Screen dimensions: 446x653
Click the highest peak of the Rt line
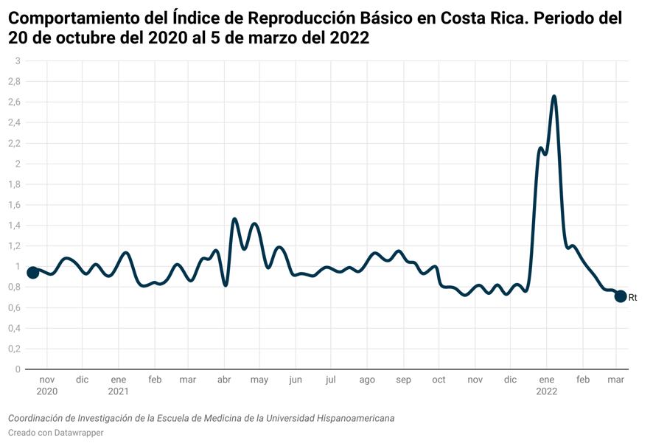click(x=554, y=97)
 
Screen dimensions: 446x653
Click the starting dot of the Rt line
click(x=32, y=273)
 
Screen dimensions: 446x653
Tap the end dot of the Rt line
click(x=621, y=296)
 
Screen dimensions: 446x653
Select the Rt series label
click(x=632, y=297)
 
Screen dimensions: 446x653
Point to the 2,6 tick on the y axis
click(x=14, y=102)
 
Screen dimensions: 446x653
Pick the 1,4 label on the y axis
click(x=14, y=226)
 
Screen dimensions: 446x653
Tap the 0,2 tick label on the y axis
click(x=14, y=349)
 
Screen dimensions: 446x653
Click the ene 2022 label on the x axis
click(x=546, y=386)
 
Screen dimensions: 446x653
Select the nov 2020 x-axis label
click(x=46, y=386)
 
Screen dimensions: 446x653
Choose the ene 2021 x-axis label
click(x=118, y=386)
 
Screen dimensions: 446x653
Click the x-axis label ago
click(x=367, y=380)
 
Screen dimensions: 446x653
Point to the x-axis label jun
click(x=296, y=380)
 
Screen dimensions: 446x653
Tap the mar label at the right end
click(x=616, y=380)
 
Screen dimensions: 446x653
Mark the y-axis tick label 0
click(x=18, y=369)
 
